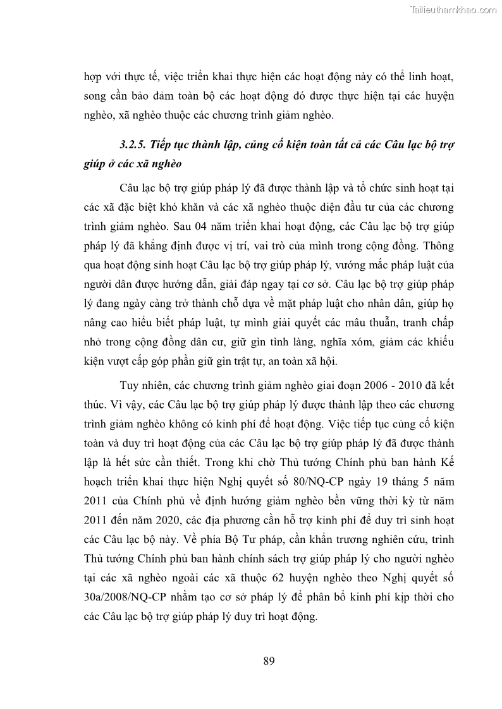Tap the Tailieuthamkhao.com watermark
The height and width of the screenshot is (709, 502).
(x=453, y=10)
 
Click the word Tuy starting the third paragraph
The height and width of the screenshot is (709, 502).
(x=129, y=384)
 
